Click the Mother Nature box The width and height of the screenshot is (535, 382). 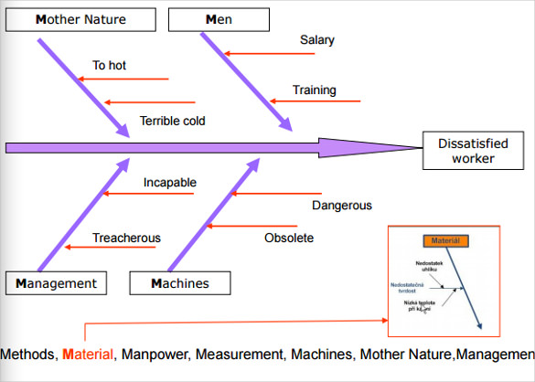80,19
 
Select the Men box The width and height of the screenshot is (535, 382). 219,19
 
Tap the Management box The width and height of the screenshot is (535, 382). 56,283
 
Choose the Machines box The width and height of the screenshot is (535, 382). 180,283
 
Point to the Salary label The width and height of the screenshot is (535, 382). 316,40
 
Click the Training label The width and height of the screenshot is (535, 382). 314,90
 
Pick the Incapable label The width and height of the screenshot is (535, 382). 169,183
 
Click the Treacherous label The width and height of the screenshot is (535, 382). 126,239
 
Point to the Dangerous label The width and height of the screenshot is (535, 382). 341,206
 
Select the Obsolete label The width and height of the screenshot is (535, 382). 288,239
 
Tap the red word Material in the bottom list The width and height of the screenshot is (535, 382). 89,354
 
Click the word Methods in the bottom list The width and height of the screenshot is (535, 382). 29,354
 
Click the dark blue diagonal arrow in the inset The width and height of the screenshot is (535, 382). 466,292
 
